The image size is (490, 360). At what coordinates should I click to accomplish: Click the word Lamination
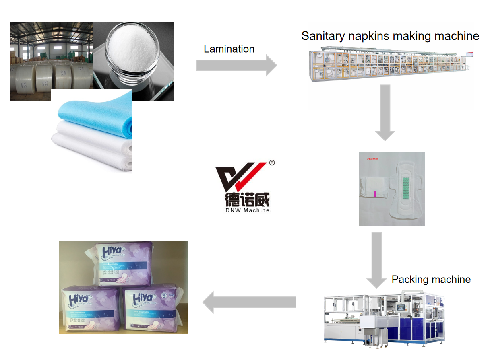pos(229,49)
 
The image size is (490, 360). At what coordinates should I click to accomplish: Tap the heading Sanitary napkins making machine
pos(390,36)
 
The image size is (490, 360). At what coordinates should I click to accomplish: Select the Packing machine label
pos(431,279)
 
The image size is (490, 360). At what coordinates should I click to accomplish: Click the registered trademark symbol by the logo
pos(272,163)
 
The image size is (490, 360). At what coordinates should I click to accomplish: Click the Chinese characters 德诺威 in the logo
pos(242,200)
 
